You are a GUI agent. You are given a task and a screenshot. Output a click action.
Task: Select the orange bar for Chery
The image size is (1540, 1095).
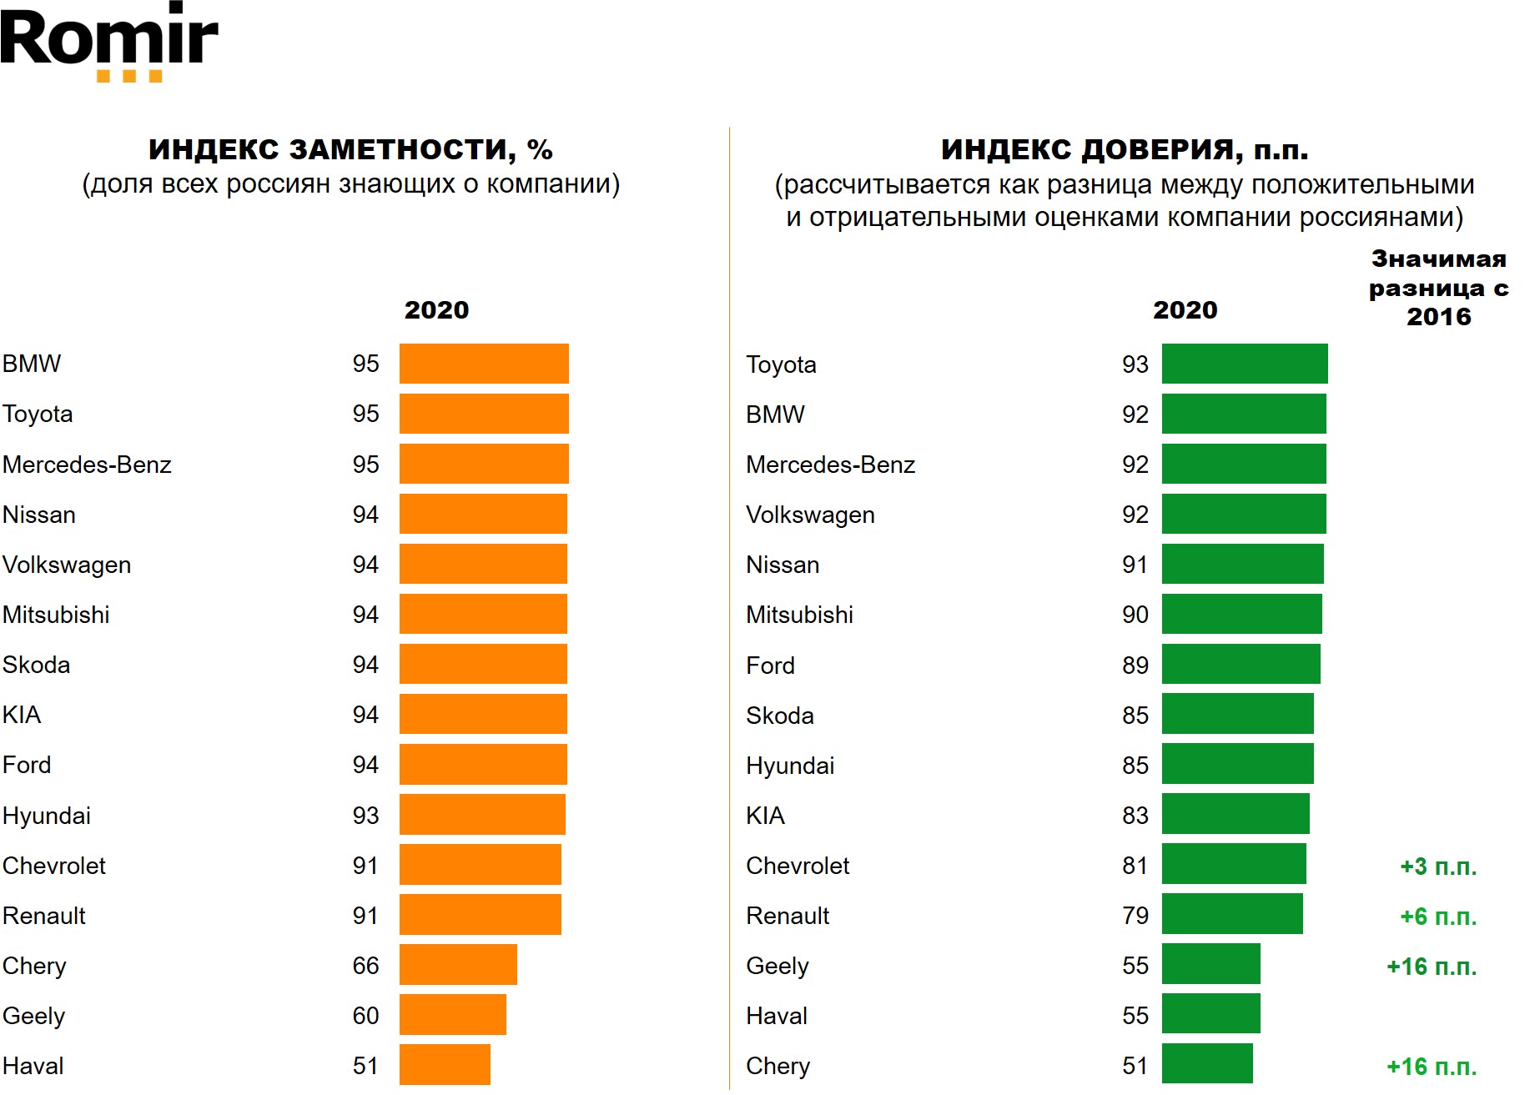(x=458, y=965)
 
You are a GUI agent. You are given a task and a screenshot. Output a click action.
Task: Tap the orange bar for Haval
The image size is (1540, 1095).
(x=445, y=1065)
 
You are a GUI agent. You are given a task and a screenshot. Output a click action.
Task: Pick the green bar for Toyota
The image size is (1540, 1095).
(x=1244, y=364)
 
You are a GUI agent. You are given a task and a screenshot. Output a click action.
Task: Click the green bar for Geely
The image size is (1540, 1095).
(x=1210, y=964)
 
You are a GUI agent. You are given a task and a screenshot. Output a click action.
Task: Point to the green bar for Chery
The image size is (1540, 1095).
(x=1207, y=1064)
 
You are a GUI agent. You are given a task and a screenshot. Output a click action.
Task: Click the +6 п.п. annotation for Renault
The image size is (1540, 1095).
(x=1437, y=917)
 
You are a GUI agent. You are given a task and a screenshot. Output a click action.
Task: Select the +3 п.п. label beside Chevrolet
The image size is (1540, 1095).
(x=1437, y=866)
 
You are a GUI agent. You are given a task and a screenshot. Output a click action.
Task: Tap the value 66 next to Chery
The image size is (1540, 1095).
(x=365, y=966)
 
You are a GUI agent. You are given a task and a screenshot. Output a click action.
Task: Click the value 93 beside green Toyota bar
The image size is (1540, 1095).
(x=1135, y=364)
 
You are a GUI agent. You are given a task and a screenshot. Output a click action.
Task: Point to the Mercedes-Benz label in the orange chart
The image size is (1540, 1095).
(x=87, y=465)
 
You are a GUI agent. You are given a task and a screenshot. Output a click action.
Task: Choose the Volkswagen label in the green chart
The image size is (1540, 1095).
(x=810, y=515)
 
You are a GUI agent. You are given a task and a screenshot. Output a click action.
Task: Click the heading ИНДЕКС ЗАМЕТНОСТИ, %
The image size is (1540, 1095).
(x=350, y=149)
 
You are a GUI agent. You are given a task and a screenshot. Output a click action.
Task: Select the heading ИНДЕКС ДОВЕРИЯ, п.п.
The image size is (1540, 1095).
(x=1124, y=149)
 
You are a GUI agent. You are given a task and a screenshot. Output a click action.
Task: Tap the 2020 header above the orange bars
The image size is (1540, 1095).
(x=436, y=310)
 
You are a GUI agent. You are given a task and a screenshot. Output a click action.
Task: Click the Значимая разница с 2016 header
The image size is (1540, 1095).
(x=1438, y=288)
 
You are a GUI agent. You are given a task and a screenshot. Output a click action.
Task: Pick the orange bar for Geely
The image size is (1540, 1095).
(x=452, y=1015)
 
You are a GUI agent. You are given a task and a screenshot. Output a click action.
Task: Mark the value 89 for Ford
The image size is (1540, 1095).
(x=1135, y=666)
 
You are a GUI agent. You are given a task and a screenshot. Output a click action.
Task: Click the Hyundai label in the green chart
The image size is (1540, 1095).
(x=790, y=766)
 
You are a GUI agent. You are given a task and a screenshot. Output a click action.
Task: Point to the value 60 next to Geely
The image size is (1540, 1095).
(x=365, y=1016)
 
